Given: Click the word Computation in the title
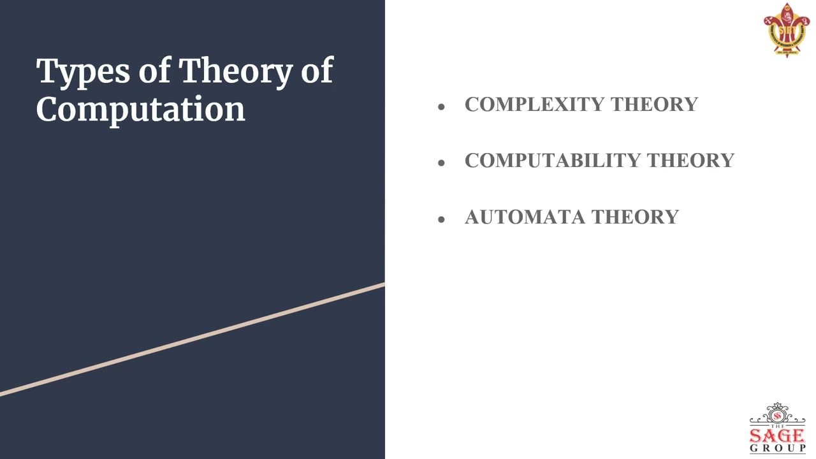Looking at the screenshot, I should click(140, 109).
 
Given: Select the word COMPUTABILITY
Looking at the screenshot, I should click(552, 161).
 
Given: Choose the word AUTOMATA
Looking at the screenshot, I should click(525, 217).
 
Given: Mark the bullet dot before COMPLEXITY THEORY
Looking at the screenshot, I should click(441, 107).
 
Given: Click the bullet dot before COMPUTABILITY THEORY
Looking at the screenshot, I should click(441, 163).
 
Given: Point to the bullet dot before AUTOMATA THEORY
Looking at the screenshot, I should click(441, 220).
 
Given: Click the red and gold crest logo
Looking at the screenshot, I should click(786, 29).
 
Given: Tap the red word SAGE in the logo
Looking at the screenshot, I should click(777, 436).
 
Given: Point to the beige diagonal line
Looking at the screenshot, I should click(191, 339).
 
